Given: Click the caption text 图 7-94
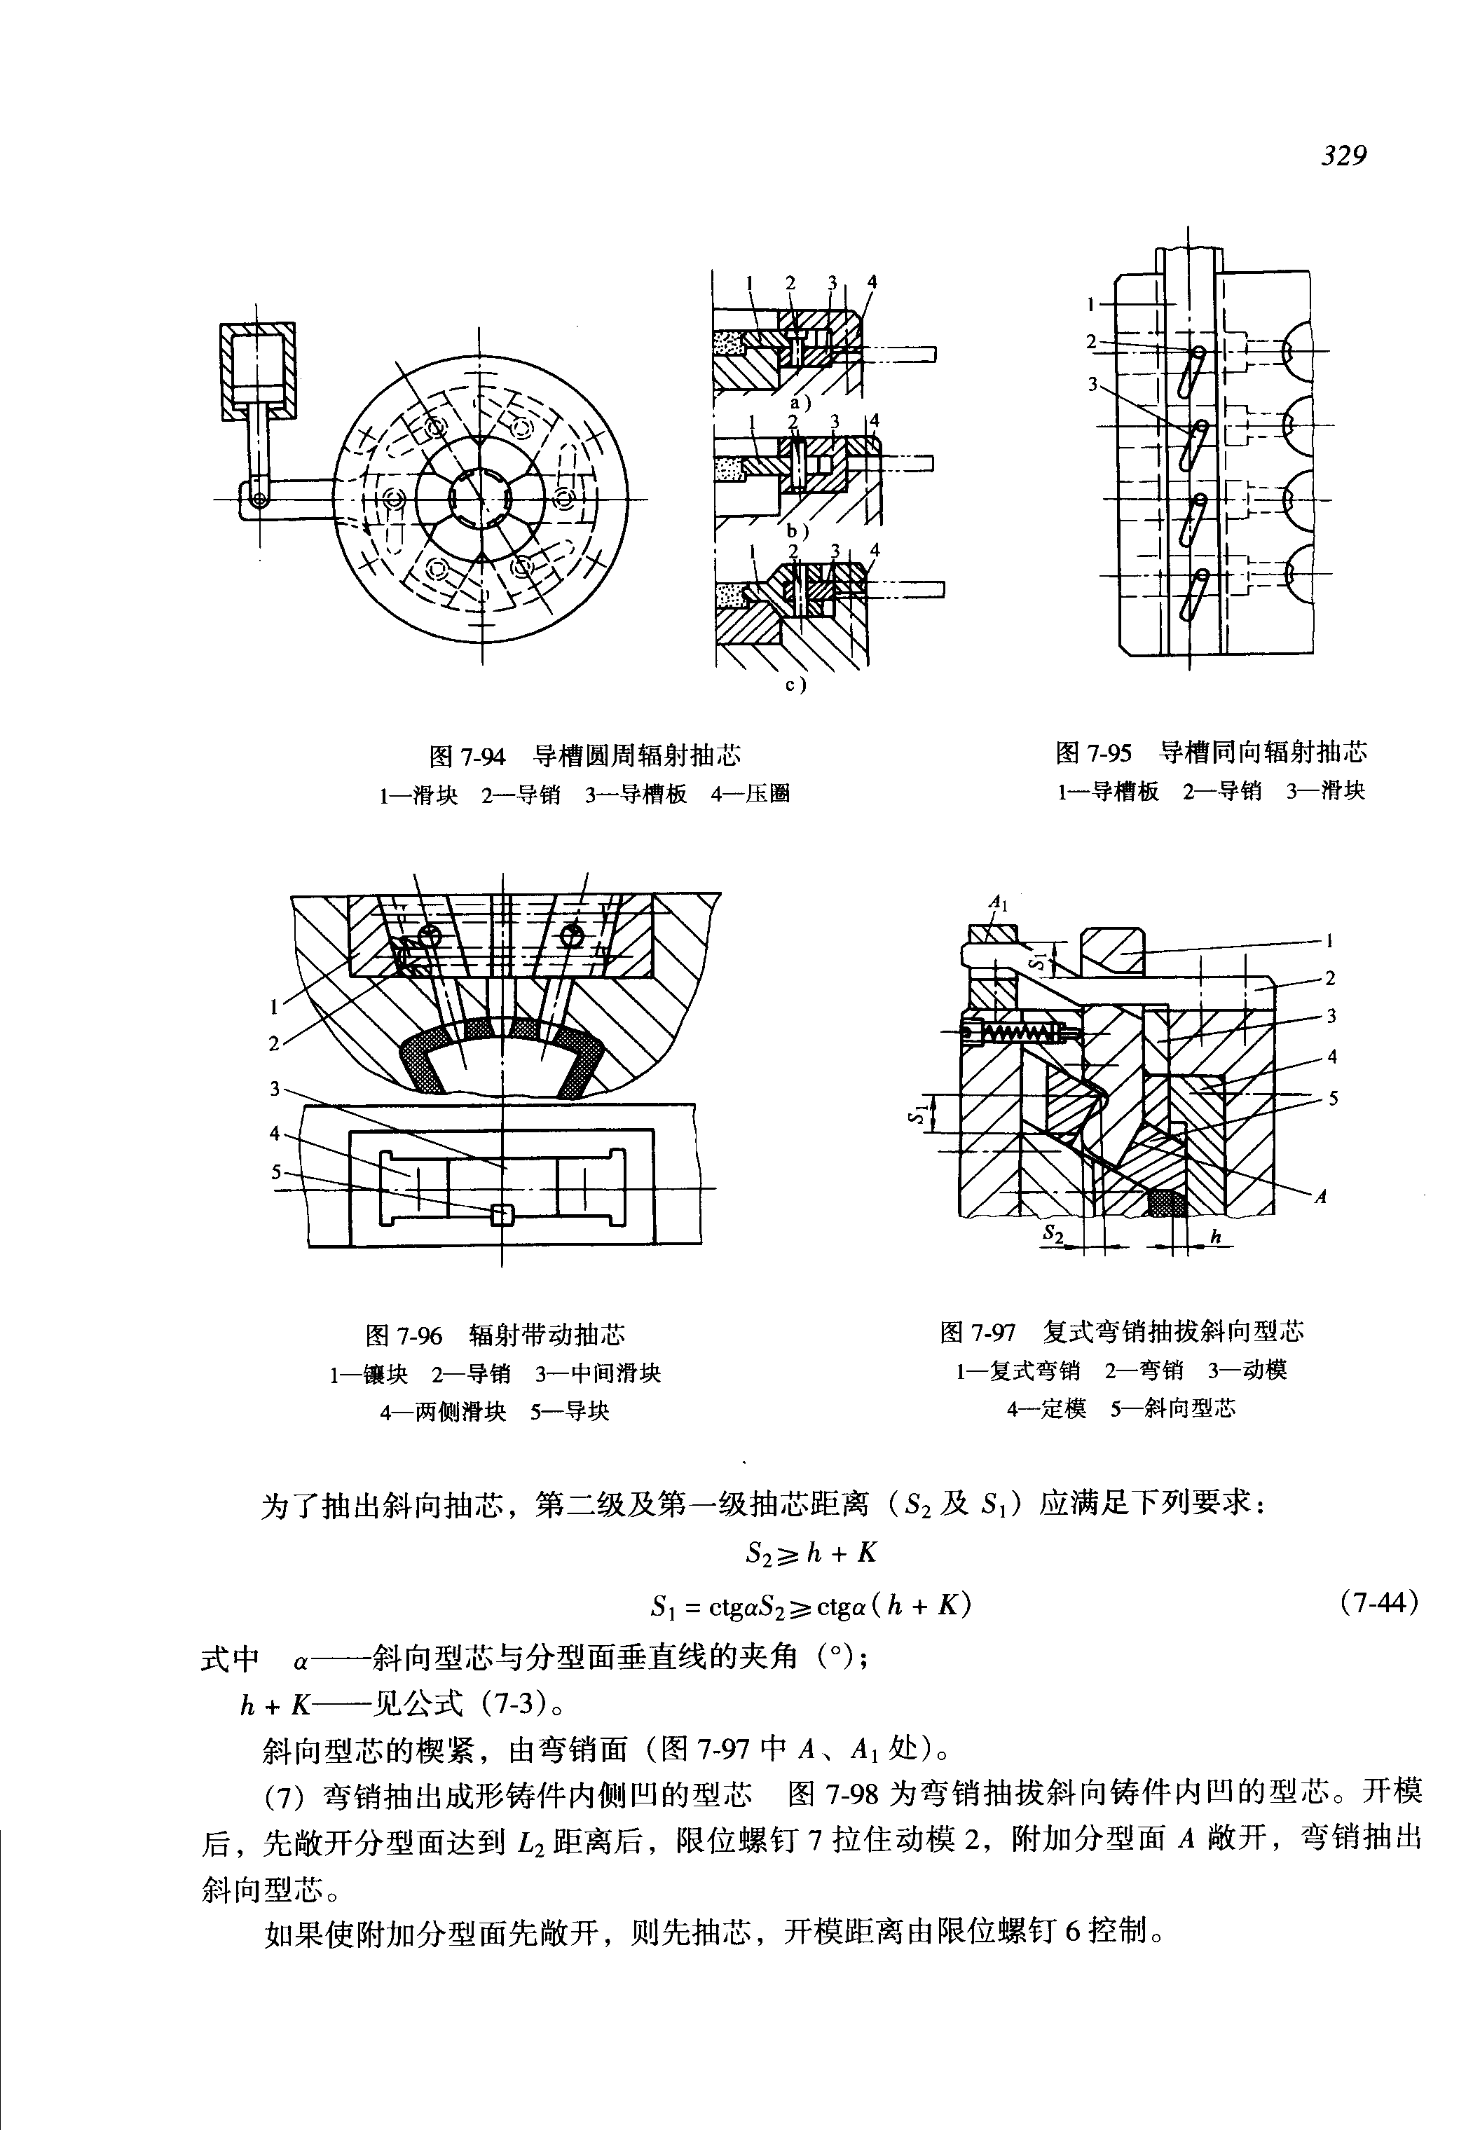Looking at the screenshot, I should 467,756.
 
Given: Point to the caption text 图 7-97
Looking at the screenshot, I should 978,1333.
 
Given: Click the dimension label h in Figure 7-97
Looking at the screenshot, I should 1218,1237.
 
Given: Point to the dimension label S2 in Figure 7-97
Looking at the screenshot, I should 1053,1232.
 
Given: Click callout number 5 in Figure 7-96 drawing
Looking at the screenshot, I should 275,1171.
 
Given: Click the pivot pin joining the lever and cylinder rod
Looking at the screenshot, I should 261,500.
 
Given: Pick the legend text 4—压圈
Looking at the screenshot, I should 751,795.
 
